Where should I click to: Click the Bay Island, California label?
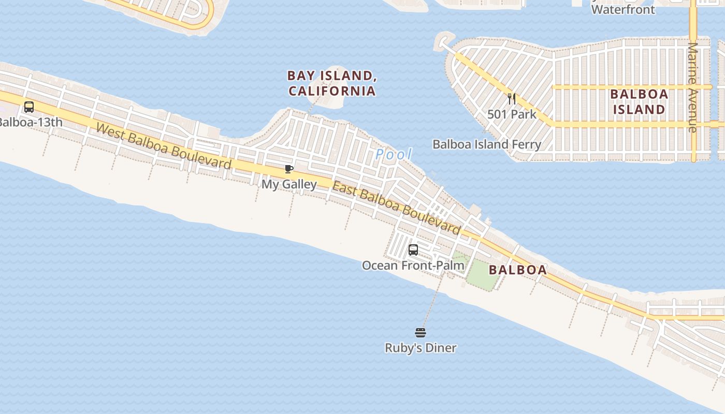[x=331, y=83]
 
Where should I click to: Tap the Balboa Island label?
[x=639, y=102]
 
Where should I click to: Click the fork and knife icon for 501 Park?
[x=512, y=98]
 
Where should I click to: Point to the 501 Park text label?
[x=512, y=114]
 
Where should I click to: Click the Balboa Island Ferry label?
[x=486, y=144]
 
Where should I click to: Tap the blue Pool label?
[x=394, y=154]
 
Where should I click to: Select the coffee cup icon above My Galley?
[x=289, y=169]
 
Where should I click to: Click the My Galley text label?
[x=289, y=184]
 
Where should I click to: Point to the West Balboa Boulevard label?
[x=163, y=146]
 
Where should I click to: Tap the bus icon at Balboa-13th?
[x=29, y=107]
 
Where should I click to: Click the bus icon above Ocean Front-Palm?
[x=413, y=250]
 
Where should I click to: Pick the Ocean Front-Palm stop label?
[x=413, y=265]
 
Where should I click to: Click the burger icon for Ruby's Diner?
[x=421, y=332]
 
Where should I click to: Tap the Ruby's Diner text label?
[x=421, y=348]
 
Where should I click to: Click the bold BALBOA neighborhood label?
[x=517, y=270]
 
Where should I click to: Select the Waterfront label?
[x=622, y=9]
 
